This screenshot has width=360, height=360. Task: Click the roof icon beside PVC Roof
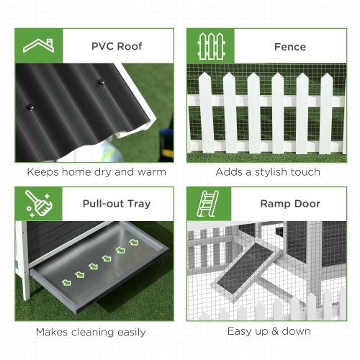(40, 46)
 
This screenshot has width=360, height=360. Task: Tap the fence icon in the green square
(211, 46)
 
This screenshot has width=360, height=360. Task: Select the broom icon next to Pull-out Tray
(40, 204)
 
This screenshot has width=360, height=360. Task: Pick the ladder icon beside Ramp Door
(211, 204)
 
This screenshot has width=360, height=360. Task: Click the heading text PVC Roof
(117, 46)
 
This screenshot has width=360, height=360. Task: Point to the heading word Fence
(289, 46)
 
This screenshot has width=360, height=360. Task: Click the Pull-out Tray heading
(116, 204)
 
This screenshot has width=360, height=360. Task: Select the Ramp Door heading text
(289, 204)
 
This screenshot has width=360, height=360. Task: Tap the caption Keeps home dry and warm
(96, 172)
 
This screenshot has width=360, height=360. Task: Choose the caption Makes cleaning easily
(91, 332)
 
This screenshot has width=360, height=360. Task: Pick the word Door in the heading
(306, 204)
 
